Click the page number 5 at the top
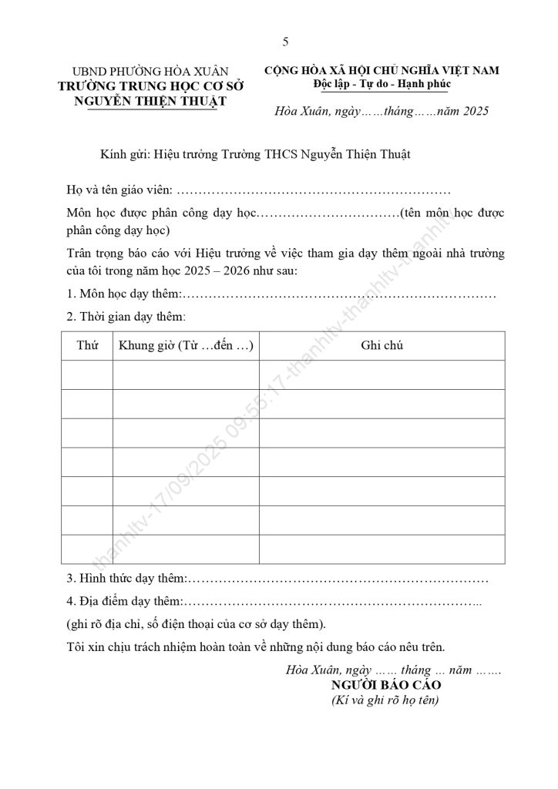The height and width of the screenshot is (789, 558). [285, 41]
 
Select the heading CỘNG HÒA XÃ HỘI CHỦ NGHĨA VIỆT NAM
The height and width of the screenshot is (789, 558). [382, 70]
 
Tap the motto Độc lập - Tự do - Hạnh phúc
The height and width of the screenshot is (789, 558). [382, 83]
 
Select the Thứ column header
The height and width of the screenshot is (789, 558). [88, 346]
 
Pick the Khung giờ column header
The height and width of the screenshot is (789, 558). [186, 346]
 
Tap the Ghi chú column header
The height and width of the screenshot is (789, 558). [382, 346]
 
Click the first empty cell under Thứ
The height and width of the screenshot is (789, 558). [88, 375]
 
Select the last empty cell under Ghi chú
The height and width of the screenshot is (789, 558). [382, 549]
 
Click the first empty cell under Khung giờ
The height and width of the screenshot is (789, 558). [186, 375]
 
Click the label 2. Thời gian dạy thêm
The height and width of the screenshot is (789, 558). [126, 317]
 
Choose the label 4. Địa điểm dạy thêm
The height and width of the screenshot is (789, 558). [125, 601]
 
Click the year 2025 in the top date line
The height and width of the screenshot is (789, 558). [474, 112]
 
